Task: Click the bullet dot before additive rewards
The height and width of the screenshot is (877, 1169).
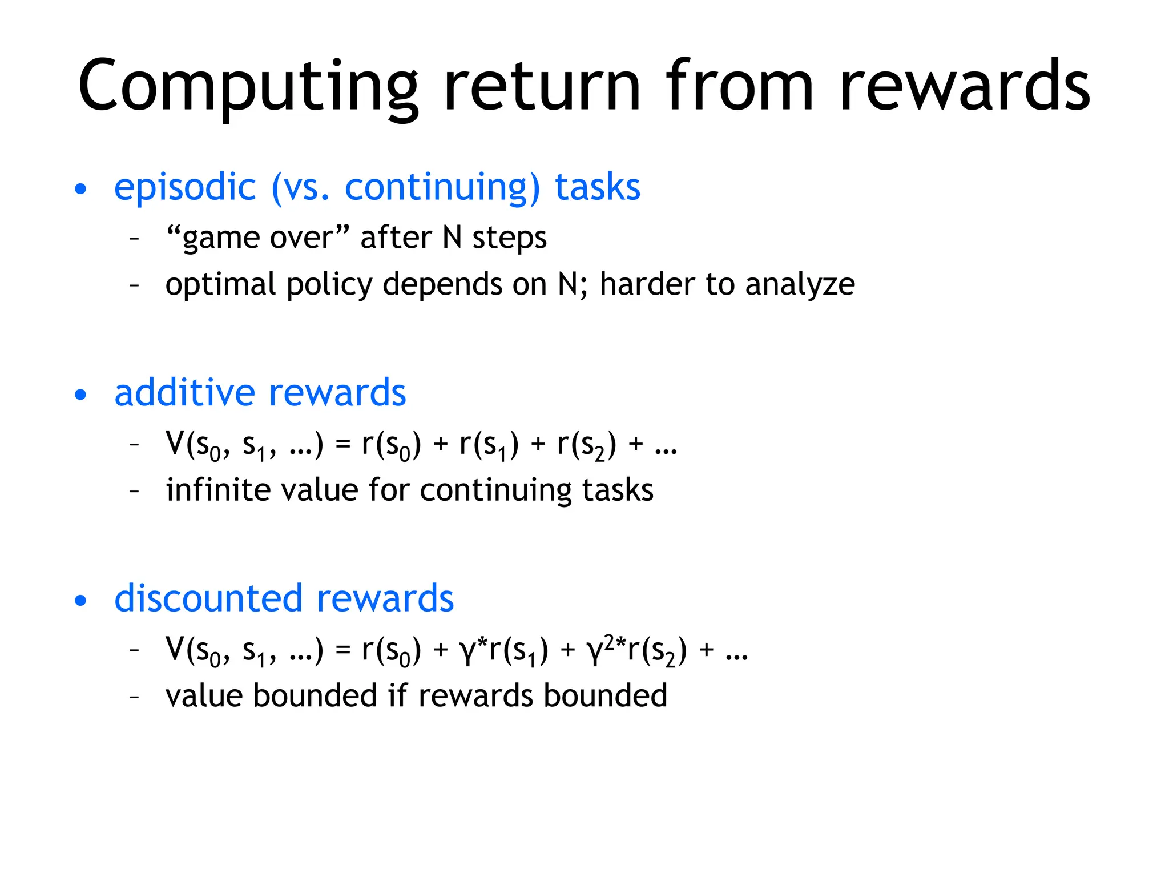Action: click(x=81, y=395)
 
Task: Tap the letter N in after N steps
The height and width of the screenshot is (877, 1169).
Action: click(x=452, y=238)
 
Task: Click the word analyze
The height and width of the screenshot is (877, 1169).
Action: click(x=800, y=284)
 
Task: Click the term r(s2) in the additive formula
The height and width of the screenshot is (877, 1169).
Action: click(x=587, y=445)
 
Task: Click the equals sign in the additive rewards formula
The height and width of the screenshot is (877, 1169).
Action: click(x=342, y=444)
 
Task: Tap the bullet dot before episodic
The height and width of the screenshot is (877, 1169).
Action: click(x=81, y=189)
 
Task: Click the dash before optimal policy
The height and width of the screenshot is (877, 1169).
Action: click(x=135, y=284)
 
